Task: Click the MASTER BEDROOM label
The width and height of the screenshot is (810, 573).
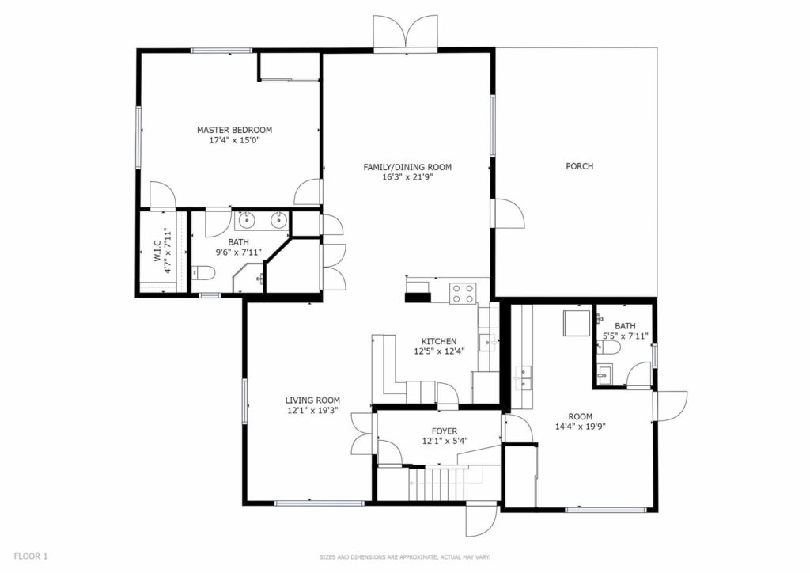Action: pos(234,130)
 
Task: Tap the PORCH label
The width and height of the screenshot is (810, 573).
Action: pos(580,166)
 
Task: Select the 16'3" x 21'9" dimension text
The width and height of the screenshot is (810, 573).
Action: pos(407,177)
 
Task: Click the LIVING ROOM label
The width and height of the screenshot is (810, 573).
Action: pos(312,400)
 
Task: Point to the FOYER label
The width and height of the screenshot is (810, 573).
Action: pos(445,431)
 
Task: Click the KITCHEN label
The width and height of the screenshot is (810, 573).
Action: pos(439,342)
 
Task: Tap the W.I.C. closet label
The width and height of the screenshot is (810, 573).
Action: pos(157,251)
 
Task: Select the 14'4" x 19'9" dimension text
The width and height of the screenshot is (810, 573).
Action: pos(580,427)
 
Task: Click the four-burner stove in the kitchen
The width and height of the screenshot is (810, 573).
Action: pos(462,294)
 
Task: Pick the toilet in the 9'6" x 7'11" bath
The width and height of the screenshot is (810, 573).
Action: pos(202,272)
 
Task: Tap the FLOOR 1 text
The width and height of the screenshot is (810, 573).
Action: pos(31,556)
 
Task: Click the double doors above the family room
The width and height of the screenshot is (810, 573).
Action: pos(407,32)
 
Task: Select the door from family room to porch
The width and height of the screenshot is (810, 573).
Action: pos(509,213)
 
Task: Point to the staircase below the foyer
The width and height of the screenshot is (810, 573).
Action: pos(438,484)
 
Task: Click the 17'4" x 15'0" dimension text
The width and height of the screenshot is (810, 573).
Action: pos(234,140)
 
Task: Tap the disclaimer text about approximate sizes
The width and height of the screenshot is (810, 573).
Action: pos(404,557)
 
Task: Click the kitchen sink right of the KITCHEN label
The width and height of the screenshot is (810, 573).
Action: pos(487,342)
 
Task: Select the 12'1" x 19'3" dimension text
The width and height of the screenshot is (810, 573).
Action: pos(312,411)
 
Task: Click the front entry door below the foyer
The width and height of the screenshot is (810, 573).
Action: pos(481,519)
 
